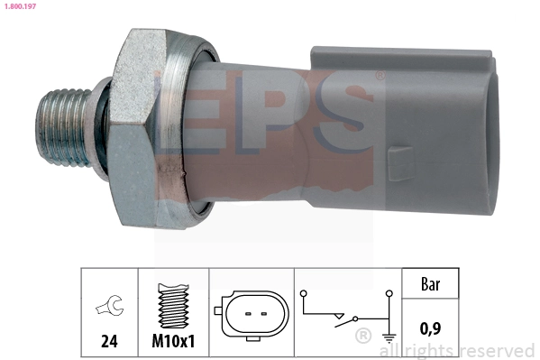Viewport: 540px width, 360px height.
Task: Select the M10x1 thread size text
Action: click(172, 342)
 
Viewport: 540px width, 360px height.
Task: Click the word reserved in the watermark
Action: click(496, 350)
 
